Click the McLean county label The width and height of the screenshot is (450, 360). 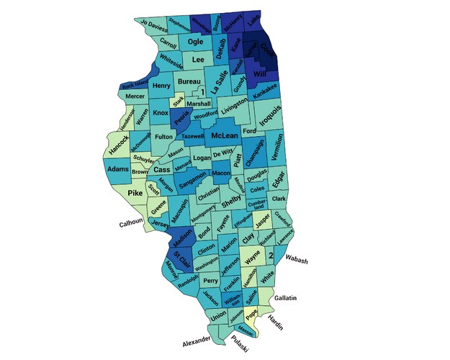pyautogui.click(x=225, y=135)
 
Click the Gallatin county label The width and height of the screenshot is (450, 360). pyautogui.click(x=286, y=297)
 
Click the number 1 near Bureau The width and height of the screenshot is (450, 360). pyautogui.click(x=203, y=92)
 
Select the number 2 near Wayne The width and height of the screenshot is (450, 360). pyautogui.click(x=271, y=256)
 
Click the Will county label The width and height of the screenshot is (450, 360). pyautogui.click(x=259, y=73)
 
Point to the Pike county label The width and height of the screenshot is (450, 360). pyautogui.click(x=135, y=193)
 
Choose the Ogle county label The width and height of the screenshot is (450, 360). pyautogui.click(x=195, y=41)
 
